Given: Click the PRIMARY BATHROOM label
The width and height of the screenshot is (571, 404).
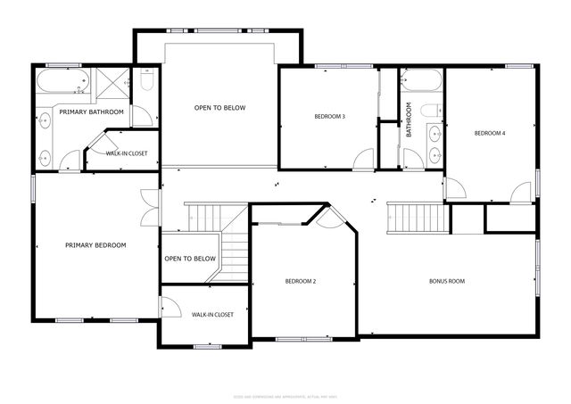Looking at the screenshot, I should point(90,111).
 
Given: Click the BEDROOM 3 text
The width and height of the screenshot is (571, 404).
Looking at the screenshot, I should point(329,117).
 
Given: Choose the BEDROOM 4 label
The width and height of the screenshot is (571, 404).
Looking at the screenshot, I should point(490,133).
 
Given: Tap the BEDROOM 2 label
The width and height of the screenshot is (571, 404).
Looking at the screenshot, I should point(301,281).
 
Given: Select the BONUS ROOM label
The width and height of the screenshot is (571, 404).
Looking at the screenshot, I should point(447,281).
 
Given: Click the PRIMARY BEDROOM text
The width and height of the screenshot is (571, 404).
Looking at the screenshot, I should point(95,245).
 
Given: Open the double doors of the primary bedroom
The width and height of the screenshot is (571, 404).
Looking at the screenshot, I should point(150,208).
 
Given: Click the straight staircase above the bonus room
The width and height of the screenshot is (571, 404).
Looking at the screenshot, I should point(412,215).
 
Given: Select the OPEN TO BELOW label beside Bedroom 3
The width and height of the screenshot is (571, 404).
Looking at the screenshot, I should point(219,108).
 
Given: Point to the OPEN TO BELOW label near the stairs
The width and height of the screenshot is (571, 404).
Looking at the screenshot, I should point(190,259).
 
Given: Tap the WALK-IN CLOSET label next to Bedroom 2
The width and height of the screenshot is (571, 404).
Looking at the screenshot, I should point(212,315).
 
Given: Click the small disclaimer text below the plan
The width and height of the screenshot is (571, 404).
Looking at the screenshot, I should point(285,397).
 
